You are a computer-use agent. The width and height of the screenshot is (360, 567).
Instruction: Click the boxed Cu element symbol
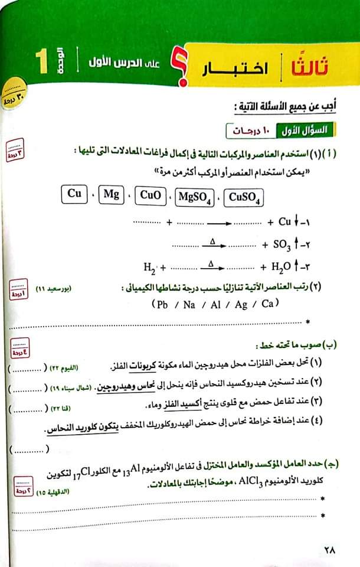coord(74,194)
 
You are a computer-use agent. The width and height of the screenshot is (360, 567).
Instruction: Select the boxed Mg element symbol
coord(110,194)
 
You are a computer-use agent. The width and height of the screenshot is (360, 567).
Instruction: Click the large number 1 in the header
coord(41,63)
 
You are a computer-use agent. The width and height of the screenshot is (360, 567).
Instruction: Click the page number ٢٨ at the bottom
coord(329,549)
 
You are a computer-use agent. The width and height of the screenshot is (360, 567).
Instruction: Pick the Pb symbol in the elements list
coord(161,304)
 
